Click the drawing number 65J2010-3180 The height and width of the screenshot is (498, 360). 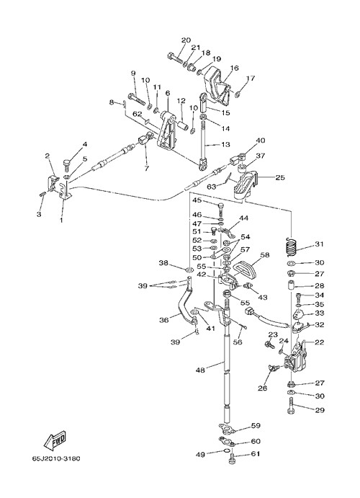(56, 458)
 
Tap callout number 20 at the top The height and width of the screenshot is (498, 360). (186, 40)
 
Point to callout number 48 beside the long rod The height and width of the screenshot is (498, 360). (200, 370)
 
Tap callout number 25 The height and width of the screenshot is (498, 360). (280, 177)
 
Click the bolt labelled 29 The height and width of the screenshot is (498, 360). (291, 408)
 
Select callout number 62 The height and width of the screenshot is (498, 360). (137, 113)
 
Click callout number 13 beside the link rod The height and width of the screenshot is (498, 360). (225, 145)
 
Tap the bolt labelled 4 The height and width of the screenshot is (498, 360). (67, 164)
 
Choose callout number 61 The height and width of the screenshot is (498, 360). (256, 454)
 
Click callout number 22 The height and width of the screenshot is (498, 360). (320, 342)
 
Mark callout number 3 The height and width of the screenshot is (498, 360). (39, 214)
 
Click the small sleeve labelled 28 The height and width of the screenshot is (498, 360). (291, 285)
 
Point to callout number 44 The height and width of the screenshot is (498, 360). (244, 218)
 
